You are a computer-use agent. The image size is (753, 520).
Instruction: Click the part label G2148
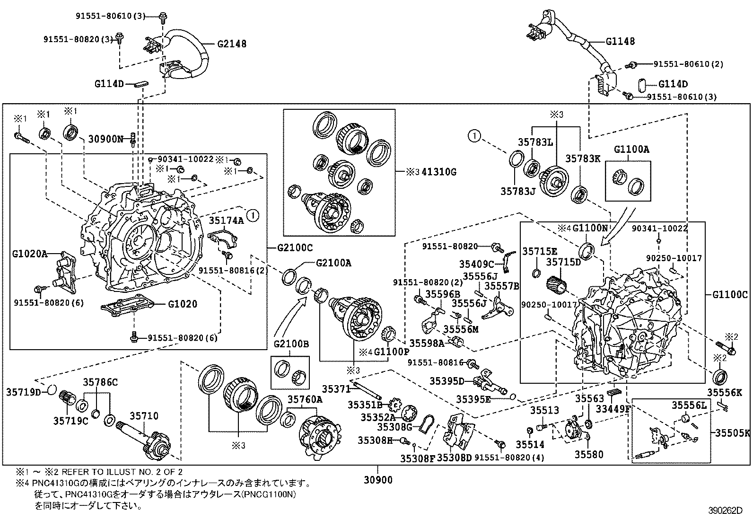[232, 44]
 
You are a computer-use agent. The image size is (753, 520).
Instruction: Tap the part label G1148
[620, 42]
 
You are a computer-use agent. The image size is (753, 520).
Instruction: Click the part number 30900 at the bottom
[378, 480]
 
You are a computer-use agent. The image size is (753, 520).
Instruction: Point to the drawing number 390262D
[726, 511]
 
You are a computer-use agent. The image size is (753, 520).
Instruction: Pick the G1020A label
[30, 254]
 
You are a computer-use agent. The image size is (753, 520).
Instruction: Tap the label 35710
[144, 416]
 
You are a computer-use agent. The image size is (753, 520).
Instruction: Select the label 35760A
[305, 399]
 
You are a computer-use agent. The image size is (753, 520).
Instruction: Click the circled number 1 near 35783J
[475, 137]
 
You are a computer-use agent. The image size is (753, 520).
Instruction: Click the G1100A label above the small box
[631, 150]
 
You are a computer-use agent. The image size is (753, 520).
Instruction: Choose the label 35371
[336, 389]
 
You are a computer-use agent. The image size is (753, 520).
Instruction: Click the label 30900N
[106, 139]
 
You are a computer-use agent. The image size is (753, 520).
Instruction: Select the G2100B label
[291, 344]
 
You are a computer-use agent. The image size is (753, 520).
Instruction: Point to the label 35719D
[24, 391]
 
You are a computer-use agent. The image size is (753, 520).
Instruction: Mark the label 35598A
[427, 343]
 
